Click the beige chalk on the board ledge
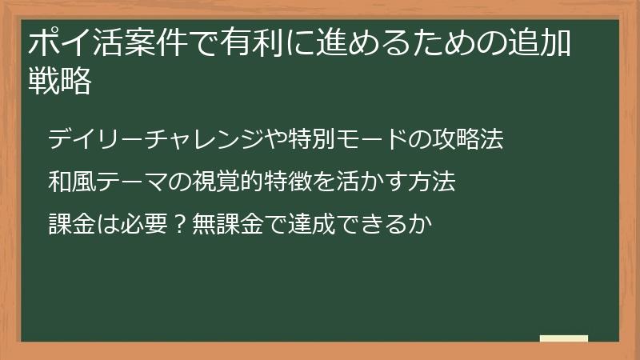[x=564, y=338]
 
